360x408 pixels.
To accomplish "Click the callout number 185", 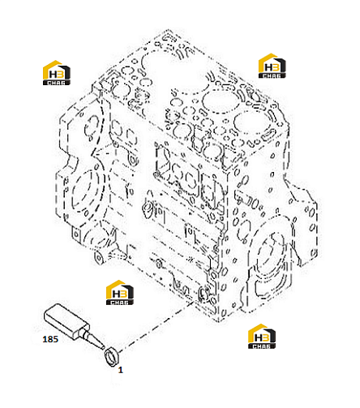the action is [x=50, y=339].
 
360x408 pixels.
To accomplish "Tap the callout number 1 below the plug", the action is [x=121, y=370].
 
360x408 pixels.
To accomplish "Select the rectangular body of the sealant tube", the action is [x=66, y=321].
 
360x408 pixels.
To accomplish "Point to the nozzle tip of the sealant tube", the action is [x=103, y=346].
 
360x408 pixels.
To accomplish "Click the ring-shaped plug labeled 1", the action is [x=112, y=356].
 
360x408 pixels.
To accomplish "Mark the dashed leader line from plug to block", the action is [x=156, y=326].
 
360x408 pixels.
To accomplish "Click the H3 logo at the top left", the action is [x=57, y=73].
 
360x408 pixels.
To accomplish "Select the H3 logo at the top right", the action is [x=272, y=66].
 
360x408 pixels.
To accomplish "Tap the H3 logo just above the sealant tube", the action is [x=120, y=293].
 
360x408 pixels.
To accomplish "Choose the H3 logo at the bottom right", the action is [x=262, y=337].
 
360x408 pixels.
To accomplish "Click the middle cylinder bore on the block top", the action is [x=220, y=101].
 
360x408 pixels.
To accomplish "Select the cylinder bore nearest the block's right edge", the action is [x=250, y=122].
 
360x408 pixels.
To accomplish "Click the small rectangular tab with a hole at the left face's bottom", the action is [x=77, y=234].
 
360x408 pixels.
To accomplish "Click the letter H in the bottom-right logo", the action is [x=258, y=337].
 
